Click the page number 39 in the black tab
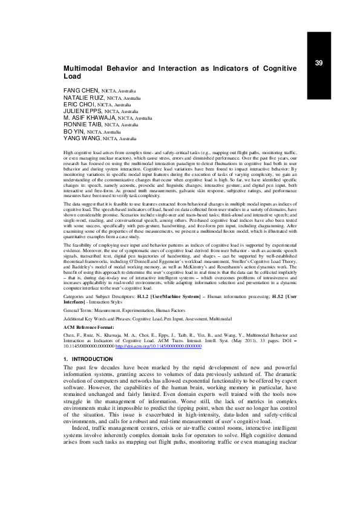point(319,63)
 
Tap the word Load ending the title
point(72,77)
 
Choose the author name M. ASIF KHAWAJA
point(90,118)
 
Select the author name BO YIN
point(74,131)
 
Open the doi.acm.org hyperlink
point(149,346)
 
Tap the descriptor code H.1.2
point(143,297)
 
